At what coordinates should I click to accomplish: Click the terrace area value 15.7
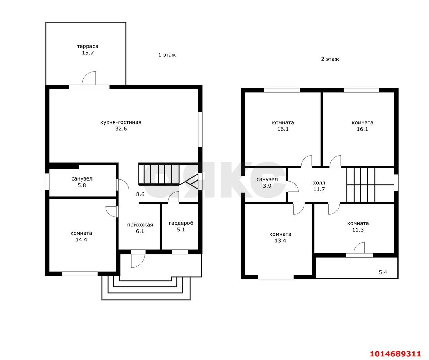[x=88, y=53]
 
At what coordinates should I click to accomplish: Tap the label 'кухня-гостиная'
[x=121, y=122]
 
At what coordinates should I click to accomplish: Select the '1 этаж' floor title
[x=167, y=55]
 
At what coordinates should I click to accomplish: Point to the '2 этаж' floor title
[x=330, y=59]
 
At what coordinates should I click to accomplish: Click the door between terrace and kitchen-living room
[x=89, y=78]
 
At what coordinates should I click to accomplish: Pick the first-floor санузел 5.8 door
[x=123, y=185]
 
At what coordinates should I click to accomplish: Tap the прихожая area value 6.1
[x=140, y=231]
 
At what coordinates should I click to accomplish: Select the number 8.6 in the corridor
[x=140, y=194]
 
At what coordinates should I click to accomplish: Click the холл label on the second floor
[x=319, y=183]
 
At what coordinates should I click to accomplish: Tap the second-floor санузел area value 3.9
[x=267, y=186]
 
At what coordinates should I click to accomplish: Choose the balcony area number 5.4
[x=383, y=272]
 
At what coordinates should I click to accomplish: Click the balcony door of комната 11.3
[x=359, y=248]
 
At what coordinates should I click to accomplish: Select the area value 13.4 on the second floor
[x=280, y=241]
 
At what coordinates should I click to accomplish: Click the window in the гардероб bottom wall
[x=180, y=252]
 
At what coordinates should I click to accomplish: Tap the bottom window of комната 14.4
[x=80, y=274]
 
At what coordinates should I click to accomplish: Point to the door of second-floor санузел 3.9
[x=292, y=186]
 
